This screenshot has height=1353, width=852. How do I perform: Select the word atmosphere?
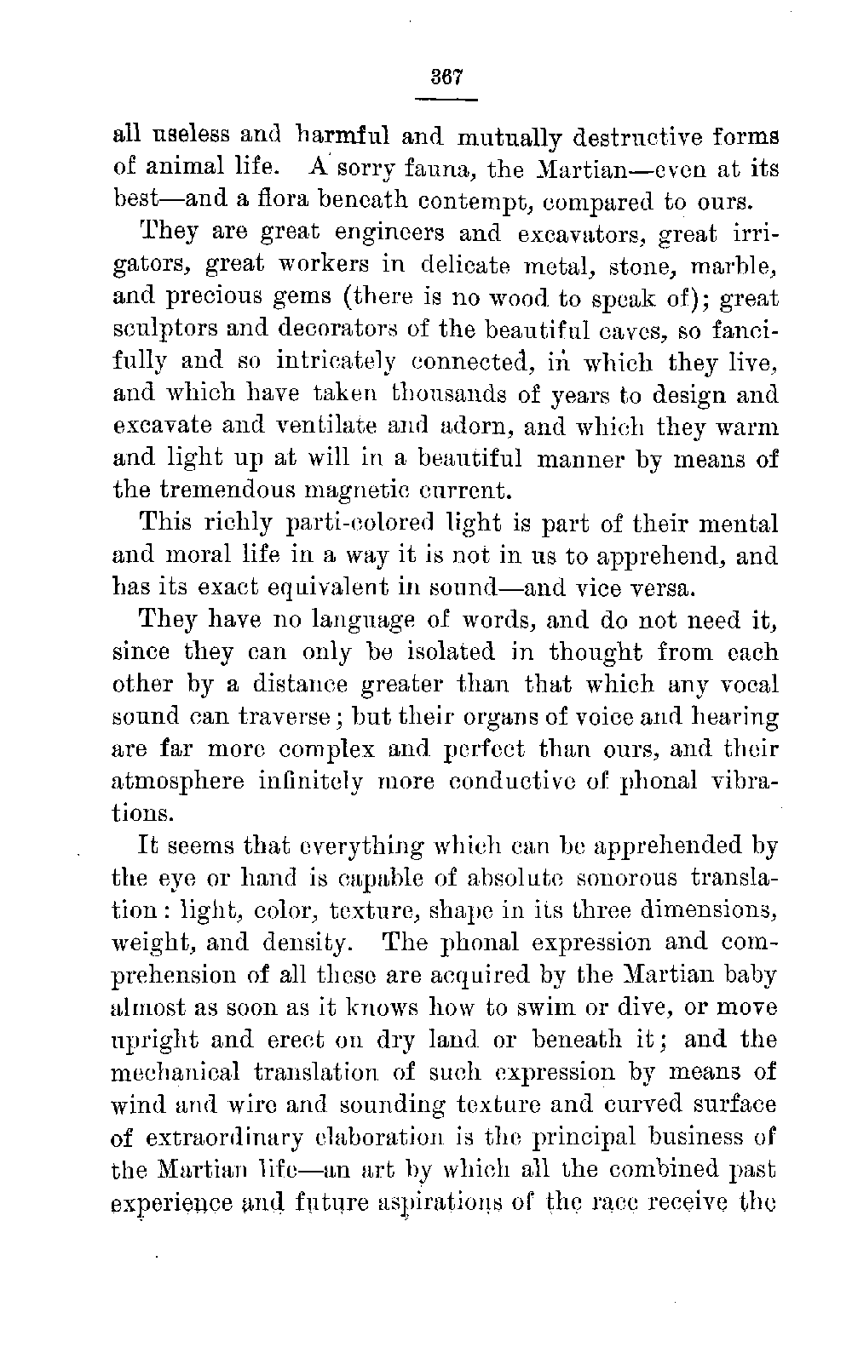point(179,781)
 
